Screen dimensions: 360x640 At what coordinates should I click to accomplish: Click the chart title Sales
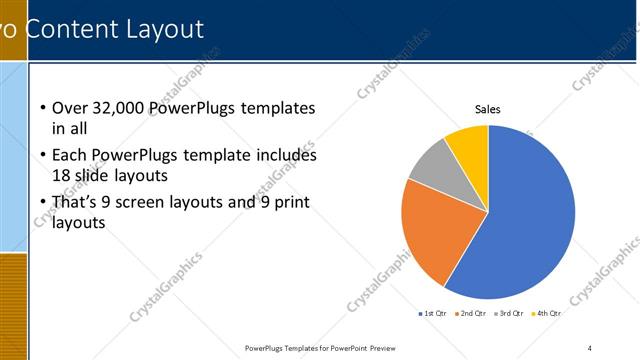487,110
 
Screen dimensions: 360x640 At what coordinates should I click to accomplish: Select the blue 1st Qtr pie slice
530,215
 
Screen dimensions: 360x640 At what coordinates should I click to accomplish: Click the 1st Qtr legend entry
432,313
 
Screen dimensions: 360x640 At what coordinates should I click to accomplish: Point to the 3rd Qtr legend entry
508,313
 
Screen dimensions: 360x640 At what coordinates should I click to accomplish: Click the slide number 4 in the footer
589,347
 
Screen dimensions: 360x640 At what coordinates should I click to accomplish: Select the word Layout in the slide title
164,29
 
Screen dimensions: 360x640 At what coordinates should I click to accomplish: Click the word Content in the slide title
72,29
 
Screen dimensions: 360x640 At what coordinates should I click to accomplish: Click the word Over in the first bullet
70,108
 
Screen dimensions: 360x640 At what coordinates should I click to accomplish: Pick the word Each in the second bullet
70,155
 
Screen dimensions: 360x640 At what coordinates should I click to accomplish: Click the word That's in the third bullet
76,203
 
